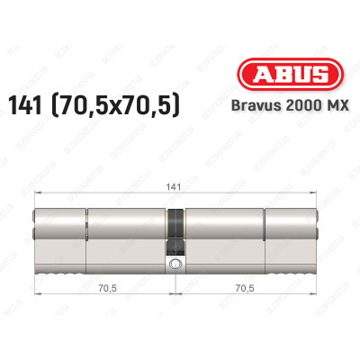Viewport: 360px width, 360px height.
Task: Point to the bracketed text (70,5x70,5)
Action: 133,107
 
